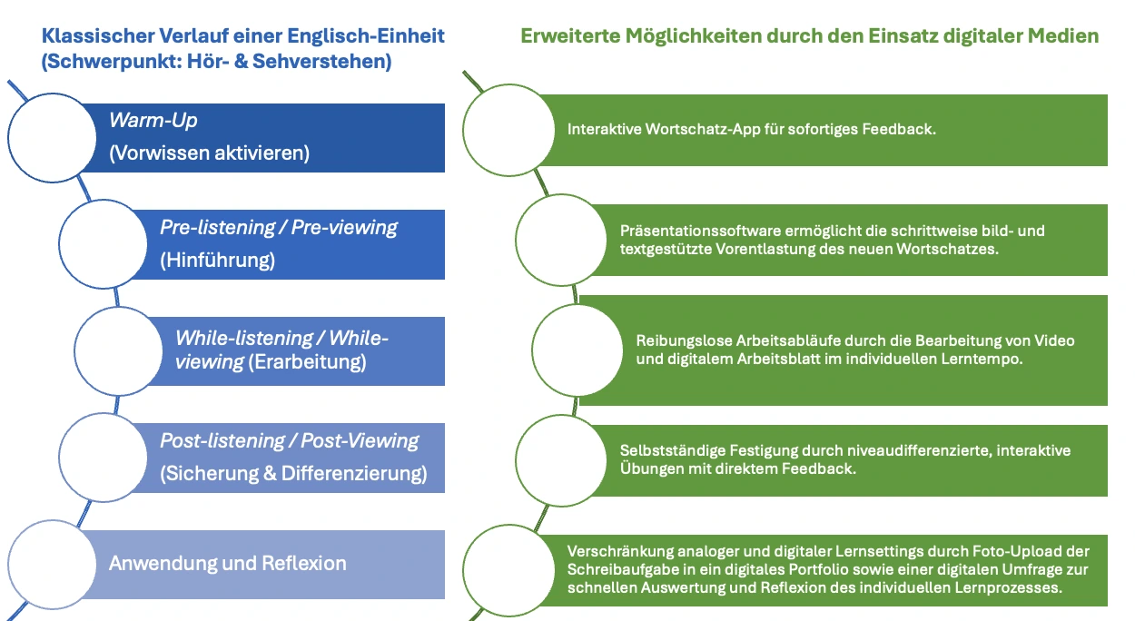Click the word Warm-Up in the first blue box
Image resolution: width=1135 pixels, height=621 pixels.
(153, 120)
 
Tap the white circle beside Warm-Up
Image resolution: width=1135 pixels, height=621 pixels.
(52, 137)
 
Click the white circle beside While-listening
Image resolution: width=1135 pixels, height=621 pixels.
(117, 350)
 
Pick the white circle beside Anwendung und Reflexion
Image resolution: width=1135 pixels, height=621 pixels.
(52, 564)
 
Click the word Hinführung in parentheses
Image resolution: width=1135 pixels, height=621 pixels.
(217, 261)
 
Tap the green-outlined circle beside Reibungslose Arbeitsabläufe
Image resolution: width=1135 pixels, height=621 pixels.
(576, 350)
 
